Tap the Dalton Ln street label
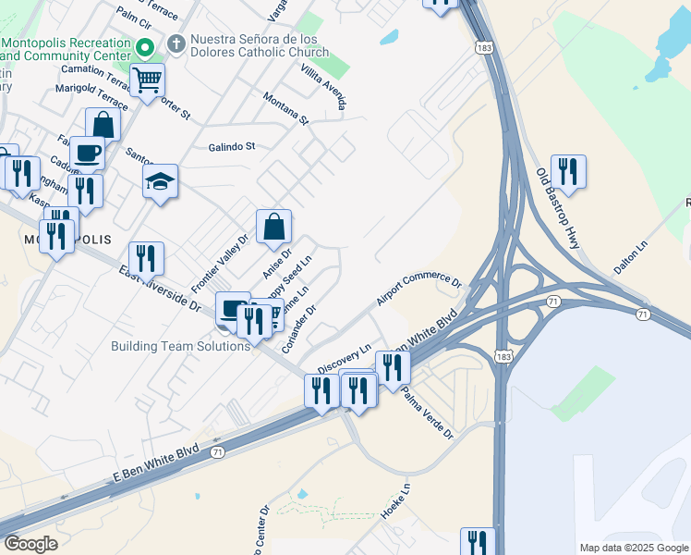634,257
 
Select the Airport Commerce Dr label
418,290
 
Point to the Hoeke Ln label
394,499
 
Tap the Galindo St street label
231,146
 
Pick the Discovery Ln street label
344,359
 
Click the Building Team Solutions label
180,346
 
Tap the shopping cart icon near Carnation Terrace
147,80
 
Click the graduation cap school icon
160,181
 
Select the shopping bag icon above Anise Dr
274,227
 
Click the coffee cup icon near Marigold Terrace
87,153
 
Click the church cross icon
176,43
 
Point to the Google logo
31,544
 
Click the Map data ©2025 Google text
634,548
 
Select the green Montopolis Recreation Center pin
144,46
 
